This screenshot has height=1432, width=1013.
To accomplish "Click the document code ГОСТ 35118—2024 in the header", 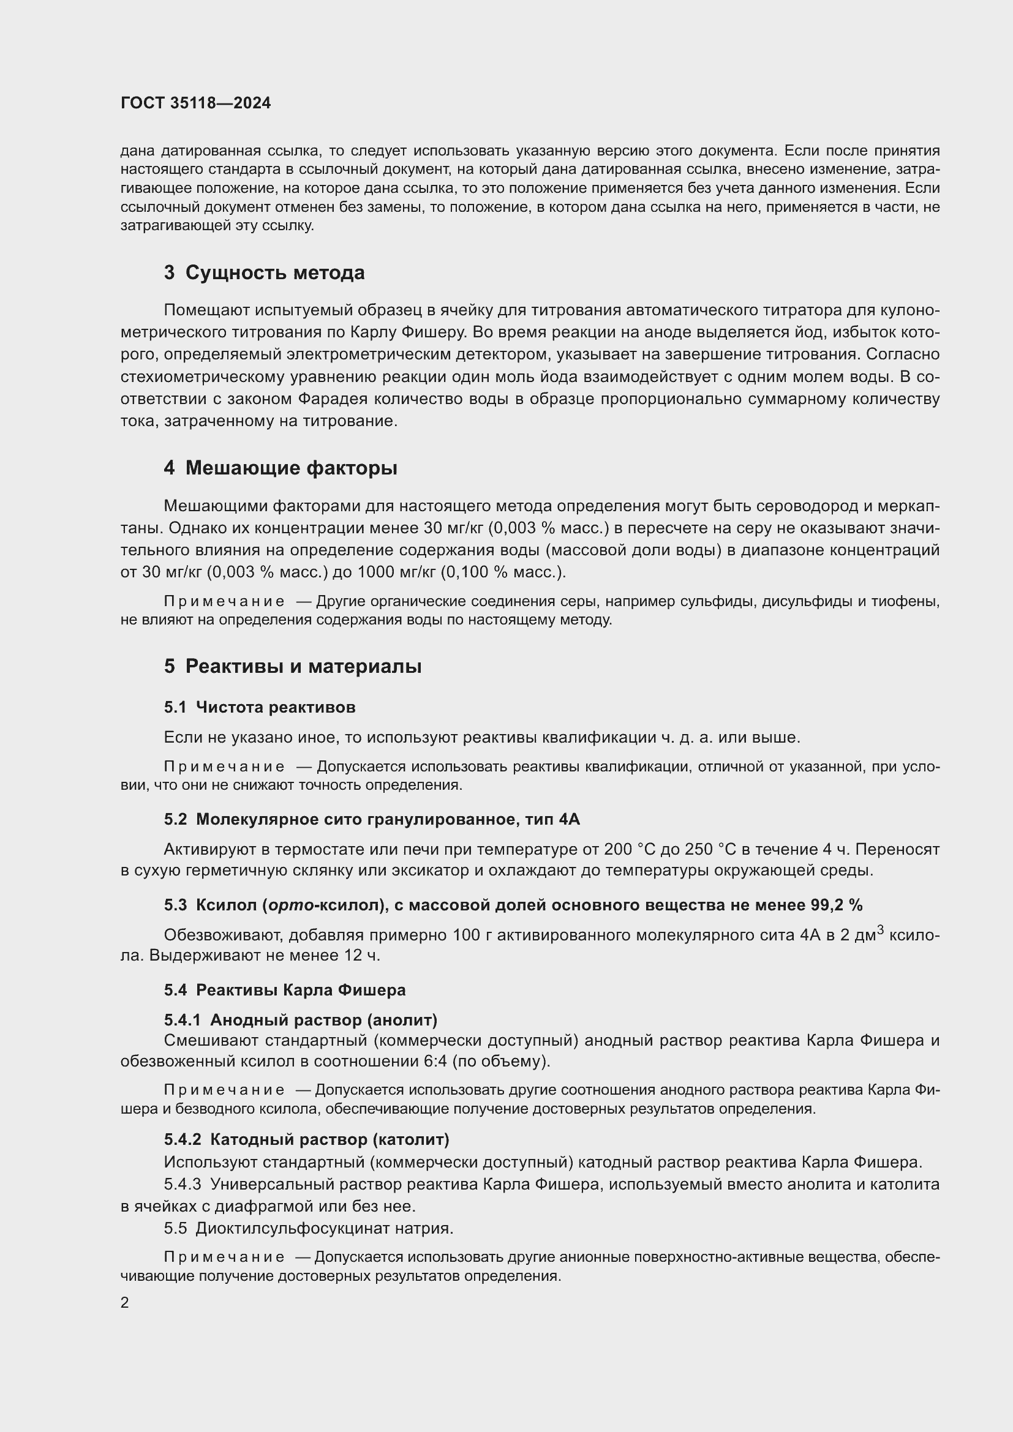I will point(195,103).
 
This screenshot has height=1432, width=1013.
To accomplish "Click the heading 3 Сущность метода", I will point(264,272).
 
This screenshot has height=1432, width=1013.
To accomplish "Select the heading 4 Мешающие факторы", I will point(280,468).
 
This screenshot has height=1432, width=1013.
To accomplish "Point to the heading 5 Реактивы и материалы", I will point(293,667).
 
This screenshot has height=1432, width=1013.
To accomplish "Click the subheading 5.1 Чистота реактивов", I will point(260,707).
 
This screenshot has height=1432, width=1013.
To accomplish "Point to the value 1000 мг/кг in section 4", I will point(393,572).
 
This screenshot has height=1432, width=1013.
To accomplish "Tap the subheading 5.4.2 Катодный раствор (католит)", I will point(306,1139).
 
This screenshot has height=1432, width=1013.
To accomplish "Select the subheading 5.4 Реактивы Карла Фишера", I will point(284,990).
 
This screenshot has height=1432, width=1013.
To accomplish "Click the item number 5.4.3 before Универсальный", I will point(182,1185).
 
